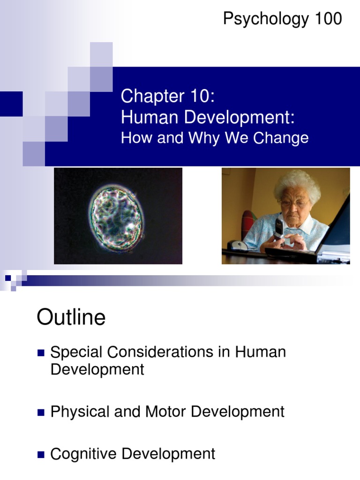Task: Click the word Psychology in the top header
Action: pos(266,20)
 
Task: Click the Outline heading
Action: pos(71,318)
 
